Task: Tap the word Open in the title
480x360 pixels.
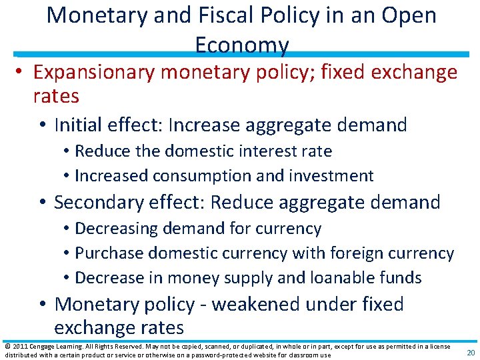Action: pyautogui.click(x=407, y=15)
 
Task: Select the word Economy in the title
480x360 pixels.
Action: pyautogui.click(x=242, y=45)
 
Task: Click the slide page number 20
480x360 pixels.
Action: pyautogui.click(x=470, y=353)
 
